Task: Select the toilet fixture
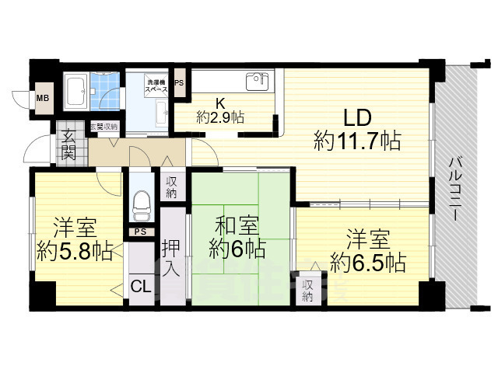pos(141,204)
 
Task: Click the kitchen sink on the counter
pos(256,81)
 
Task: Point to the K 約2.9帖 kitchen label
pos(220,110)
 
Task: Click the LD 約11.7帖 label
pos(357,130)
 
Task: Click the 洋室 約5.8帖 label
pos(75,240)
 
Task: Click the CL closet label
pos(141,287)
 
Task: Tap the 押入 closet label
pos(172,258)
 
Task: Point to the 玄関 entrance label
pos(68,145)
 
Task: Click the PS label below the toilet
pos(141,232)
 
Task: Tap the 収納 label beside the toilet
pos(172,187)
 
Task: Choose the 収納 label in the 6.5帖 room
pos(308,290)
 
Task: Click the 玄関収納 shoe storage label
pos(103,127)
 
